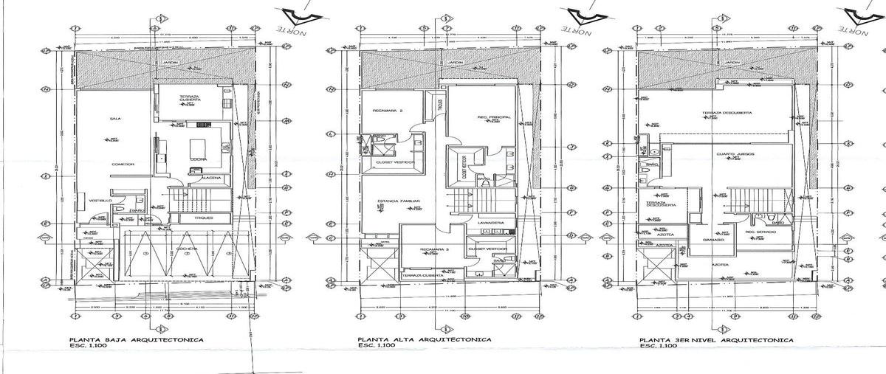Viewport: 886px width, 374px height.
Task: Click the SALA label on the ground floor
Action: [x=115, y=117]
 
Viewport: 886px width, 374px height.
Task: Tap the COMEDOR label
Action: [x=123, y=164]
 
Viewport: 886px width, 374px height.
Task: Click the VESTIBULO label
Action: [x=100, y=201]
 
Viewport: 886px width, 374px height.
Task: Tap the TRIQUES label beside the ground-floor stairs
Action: [x=205, y=218]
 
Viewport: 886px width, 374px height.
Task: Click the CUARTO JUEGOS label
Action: [x=735, y=153]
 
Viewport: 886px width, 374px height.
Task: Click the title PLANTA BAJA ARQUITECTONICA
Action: [x=137, y=340]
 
